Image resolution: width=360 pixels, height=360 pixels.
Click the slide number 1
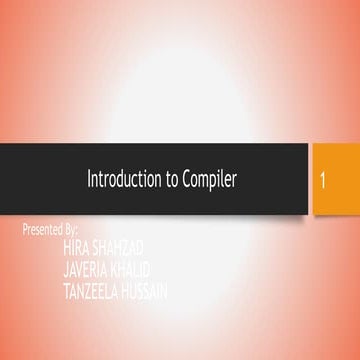(x=326, y=181)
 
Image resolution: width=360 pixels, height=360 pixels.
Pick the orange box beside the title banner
(x=335, y=179)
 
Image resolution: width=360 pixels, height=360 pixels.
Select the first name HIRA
(x=76, y=246)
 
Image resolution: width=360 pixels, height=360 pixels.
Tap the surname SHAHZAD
(x=118, y=246)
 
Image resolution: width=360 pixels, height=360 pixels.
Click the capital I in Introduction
(x=90, y=179)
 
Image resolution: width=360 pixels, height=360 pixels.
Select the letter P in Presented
(x=25, y=230)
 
